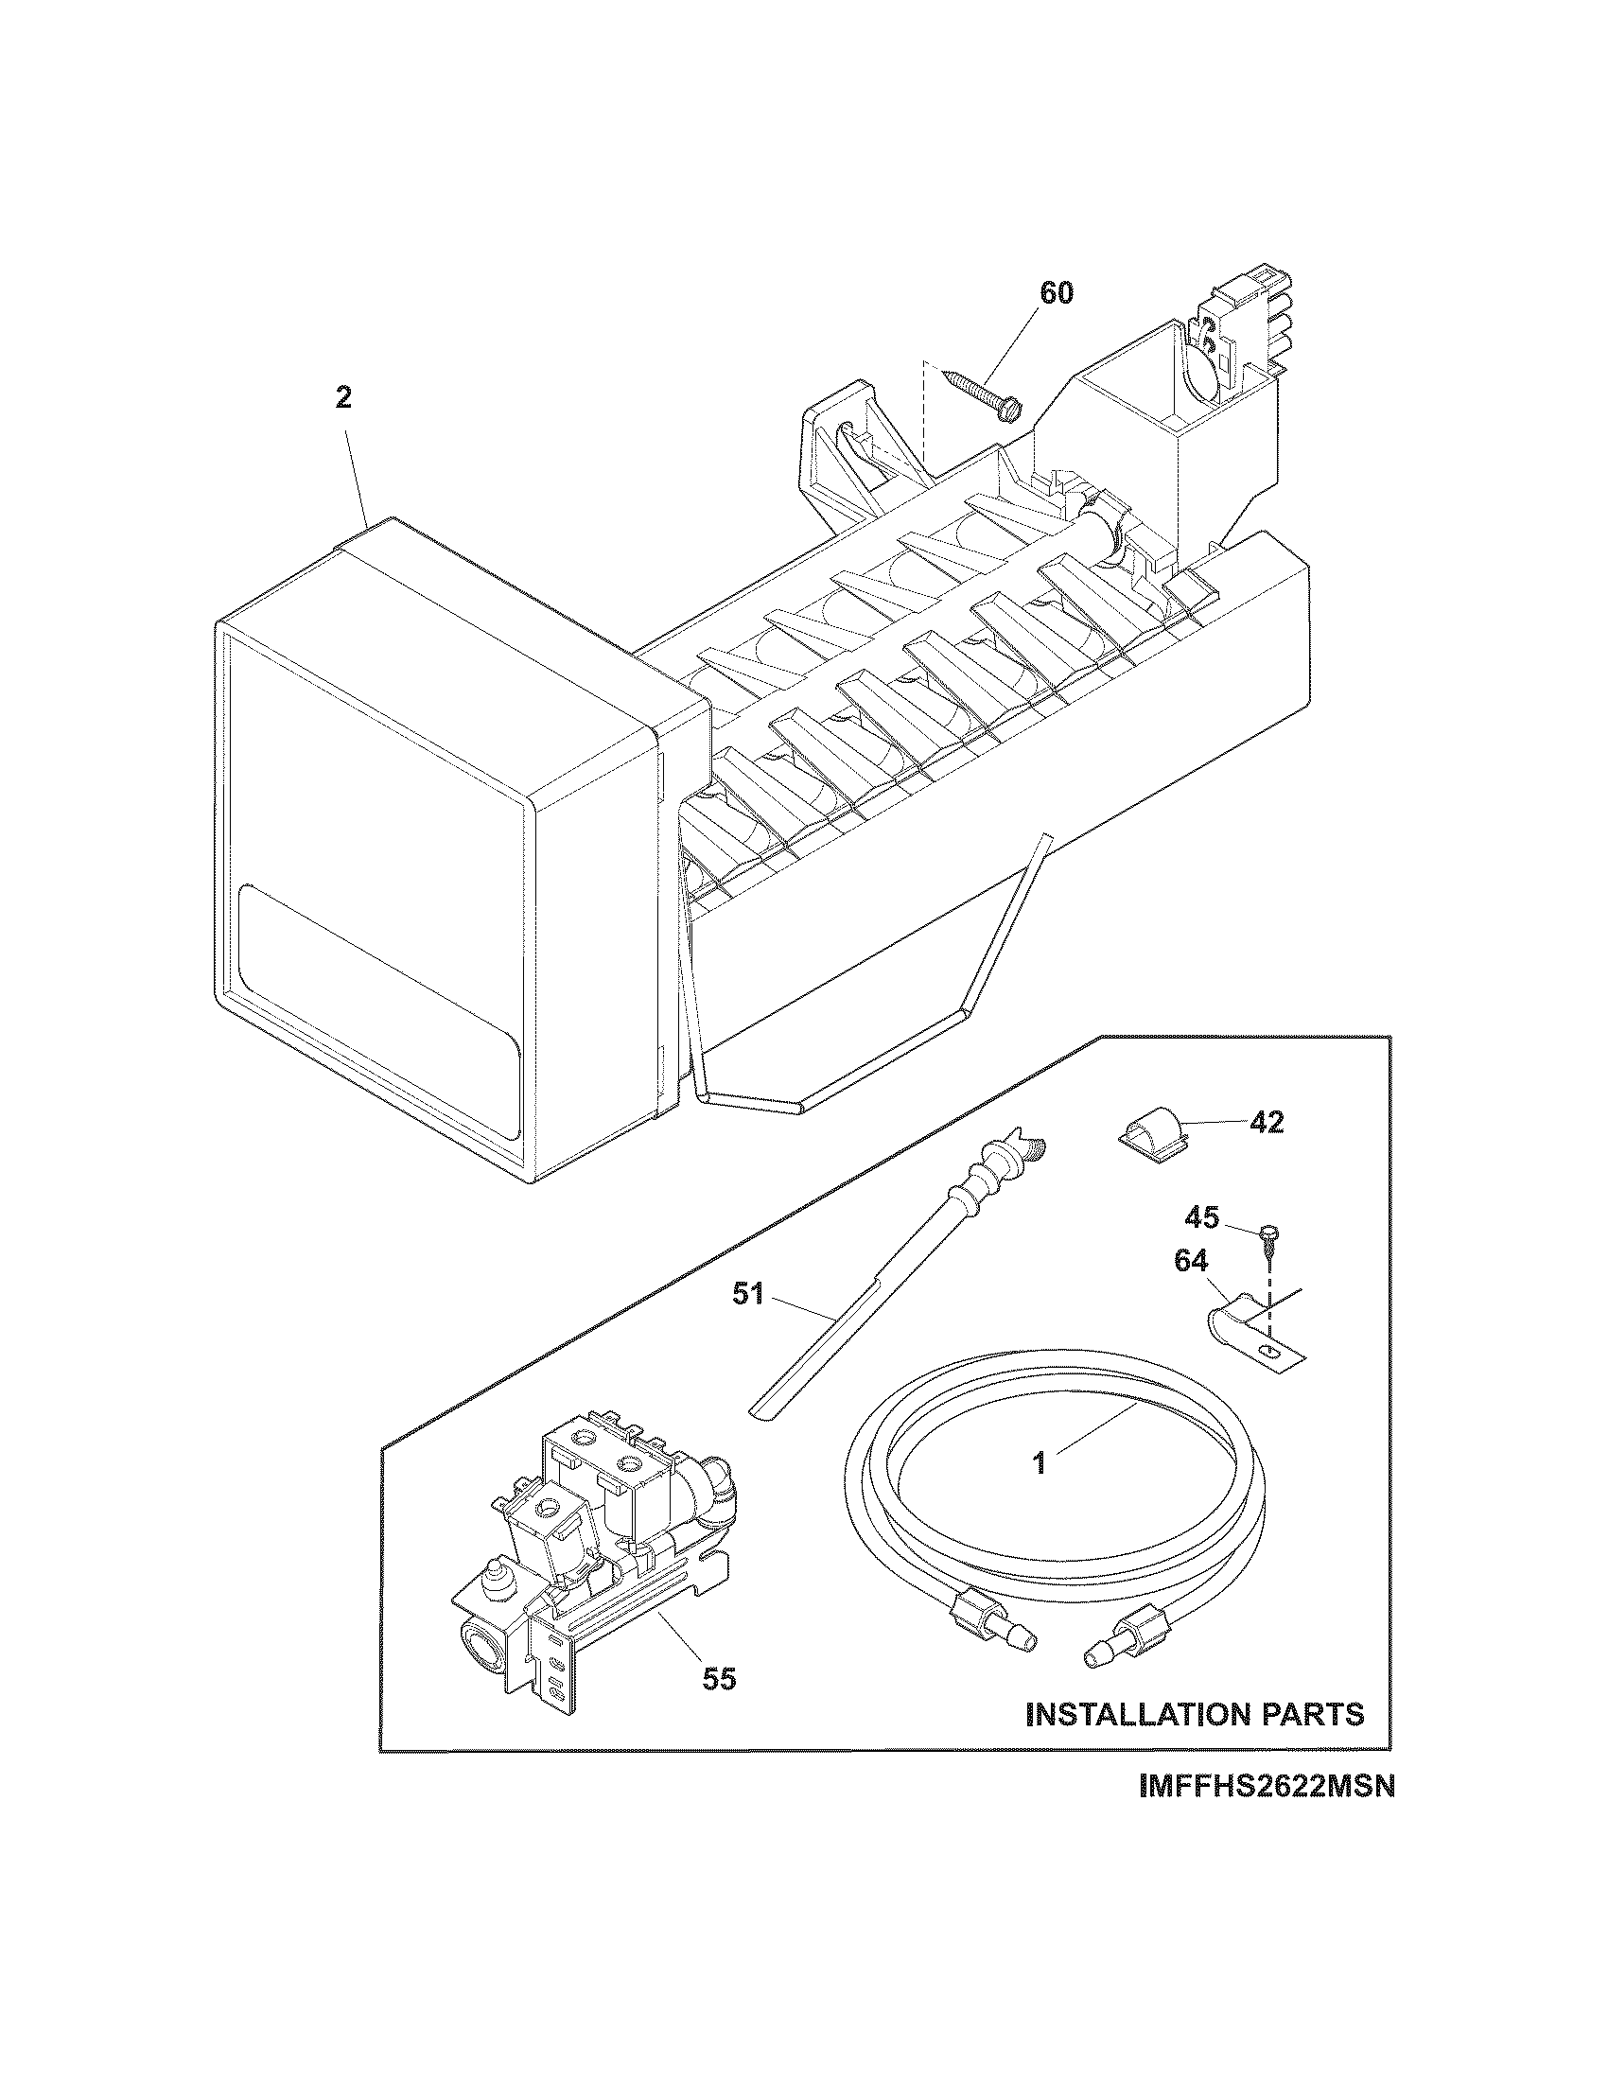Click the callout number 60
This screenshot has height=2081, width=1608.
tap(1055, 293)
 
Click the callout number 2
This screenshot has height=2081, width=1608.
tap(343, 398)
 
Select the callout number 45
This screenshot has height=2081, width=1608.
tap(1202, 1217)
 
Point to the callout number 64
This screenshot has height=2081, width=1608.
tap(1191, 1262)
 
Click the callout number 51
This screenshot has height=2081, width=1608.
tap(748, 1294)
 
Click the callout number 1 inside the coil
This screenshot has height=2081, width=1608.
tap(1040, 1462)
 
